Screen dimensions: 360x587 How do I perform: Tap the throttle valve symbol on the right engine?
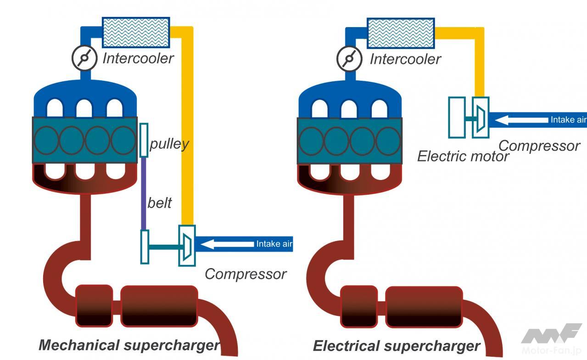[x=350, y=58]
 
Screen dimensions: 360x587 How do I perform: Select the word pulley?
[x=169, y=144]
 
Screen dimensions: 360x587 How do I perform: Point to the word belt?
[x=159, y=202]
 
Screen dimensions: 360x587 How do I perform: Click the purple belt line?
[x=144, y=193]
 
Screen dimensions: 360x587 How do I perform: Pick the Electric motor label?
[x=463, y=157]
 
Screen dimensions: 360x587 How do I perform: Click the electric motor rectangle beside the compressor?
[x=457, y=117]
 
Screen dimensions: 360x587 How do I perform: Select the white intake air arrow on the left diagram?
[x=227, y=244]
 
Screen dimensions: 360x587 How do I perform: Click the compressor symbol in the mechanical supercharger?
[x=187, y=245]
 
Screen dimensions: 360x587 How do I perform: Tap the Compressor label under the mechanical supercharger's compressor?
[x=245, y=274]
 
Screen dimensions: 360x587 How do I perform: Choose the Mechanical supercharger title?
[x=129, y=345]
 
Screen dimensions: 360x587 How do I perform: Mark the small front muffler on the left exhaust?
[x=94, y=305]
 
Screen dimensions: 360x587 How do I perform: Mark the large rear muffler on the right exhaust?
[x=423, y=307]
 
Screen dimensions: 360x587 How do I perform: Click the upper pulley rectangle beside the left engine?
[x=144, y=140]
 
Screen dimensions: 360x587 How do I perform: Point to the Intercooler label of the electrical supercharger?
[x=405, y=59]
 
